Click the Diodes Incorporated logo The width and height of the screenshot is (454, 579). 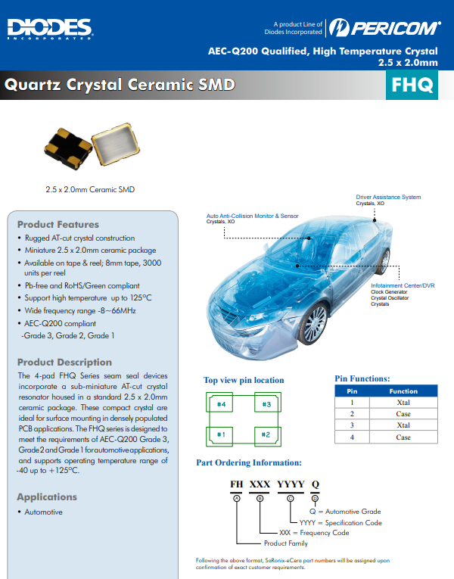tap(50, 29)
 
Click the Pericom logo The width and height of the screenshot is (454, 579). tap(385, 29)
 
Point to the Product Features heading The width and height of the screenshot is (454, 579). tap(58, 224)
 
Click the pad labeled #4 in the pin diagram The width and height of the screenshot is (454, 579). tap(222, 405)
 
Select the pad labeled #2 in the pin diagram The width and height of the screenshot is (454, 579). tap(266, 434)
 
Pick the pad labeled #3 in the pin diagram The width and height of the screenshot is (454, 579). tap(266, 405)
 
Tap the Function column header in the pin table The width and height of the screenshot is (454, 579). tap(403, 391)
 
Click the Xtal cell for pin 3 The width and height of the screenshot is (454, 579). tap(403, 425)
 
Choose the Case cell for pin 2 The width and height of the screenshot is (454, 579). tap(403, 414)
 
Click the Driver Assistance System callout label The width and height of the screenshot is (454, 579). tap(388, 198)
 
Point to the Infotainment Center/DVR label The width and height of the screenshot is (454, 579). tap(403, 285)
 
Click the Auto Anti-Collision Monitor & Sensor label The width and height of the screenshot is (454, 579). tap(253, 216)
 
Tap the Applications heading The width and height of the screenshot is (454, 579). tap(47, 497)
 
